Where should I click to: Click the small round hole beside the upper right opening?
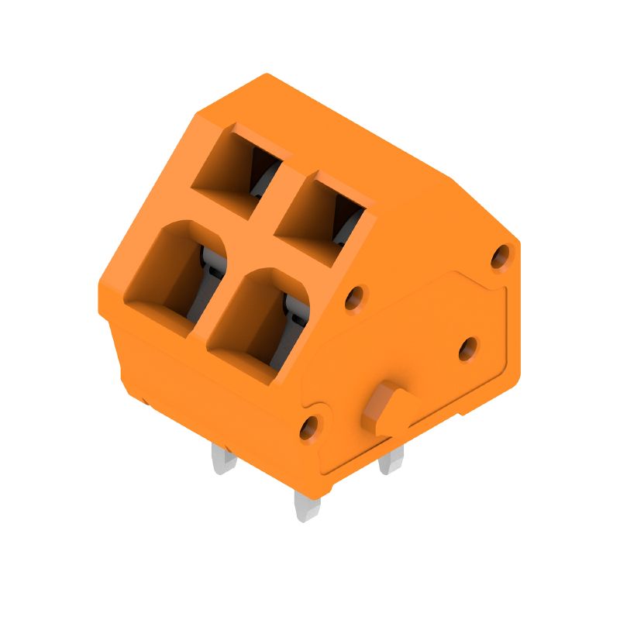pos(354,296)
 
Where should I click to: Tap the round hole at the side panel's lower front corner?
pos(309,425)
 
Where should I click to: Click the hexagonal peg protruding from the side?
pos(385,408)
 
